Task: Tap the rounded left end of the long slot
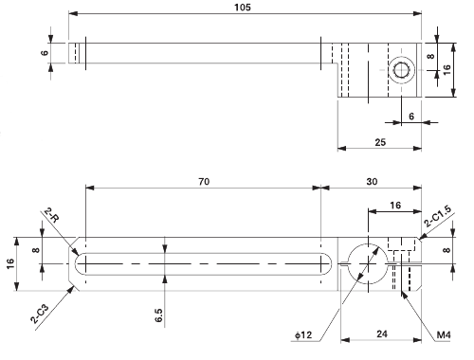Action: tap(80, 262)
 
